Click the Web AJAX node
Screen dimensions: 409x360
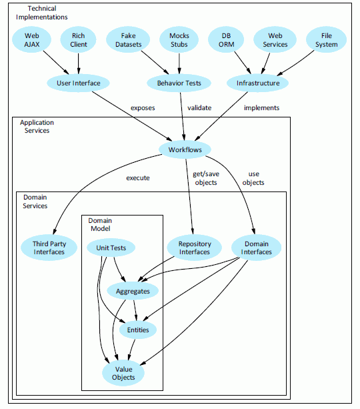pyautogui.click(x=33, y=39)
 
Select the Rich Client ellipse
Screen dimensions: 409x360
pyautogui.click(x=79, y=39)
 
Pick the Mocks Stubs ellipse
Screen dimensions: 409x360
pyautogui.click(x=179, y=39)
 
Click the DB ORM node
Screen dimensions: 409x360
pyautogui.click(x=226, y=39)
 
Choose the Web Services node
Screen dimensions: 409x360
pyautogui.click(x=274, y=39)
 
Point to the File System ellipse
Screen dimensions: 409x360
pyautogui.click(x=327, y=39)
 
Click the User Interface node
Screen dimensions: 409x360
pyautogui.click(x=79, y=83)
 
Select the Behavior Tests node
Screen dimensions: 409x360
pyautogui.click(x=179, y=83)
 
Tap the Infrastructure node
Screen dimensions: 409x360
pyautogui.click(x=258, y=83)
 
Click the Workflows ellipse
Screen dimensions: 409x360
pyautogui.click(x=185, y=149)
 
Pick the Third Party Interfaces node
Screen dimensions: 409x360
pyautogui.click(x=49, y=248)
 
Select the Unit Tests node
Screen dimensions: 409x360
pyautogui.click(x=111, y=248)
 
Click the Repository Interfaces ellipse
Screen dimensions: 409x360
pyautogui.click(x=194, y=248)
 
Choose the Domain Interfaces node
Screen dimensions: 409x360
pyautogui.click(x=256, y=248)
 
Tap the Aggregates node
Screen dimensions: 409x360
pyautogui.click(x=133, y=291)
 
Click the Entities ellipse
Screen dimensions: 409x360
pyautogui.click(x=138, y=330)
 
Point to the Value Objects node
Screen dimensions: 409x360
pyautogui.click(x=123, y=373)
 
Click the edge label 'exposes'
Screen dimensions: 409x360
pyautogui.click(x=143, y=107)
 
